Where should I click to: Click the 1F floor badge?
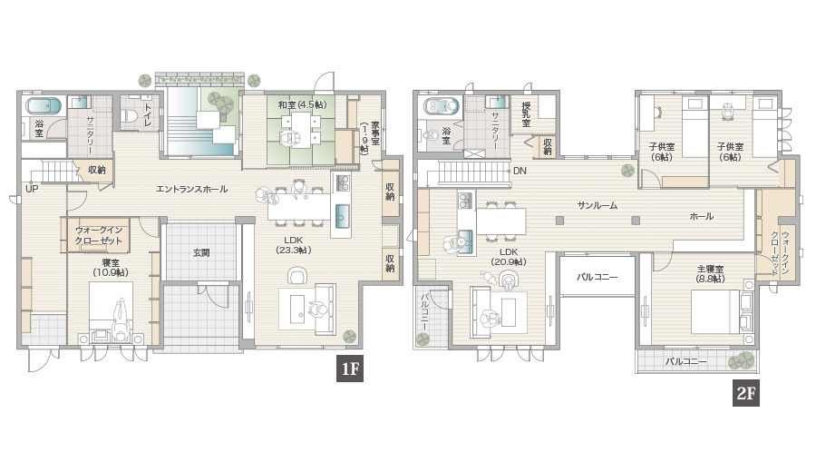tap(350, 369)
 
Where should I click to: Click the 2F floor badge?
tap(746, 393)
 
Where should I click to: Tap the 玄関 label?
tap(201, 252)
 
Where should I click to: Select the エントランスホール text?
tap(191, 189)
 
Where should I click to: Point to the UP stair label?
tap(32, 189)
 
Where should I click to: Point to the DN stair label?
tap(520, 171)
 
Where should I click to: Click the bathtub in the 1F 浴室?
tap(44, 106)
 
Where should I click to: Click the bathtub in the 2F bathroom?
tap(442, 106)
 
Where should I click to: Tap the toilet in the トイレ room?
tap(128, 114)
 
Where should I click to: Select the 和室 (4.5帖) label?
tap(302, 105)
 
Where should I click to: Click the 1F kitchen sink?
tap(342, 216)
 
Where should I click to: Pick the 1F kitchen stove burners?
tap(343, 182)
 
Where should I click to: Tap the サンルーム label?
tap(597, 206)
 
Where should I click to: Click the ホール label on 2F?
tap(702, 216)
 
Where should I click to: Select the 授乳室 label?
tap(526, 114)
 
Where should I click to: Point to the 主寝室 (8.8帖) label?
tap(710, 274)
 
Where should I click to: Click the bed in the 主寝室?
tap(715, 311)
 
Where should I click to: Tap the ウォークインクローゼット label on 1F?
tap(98, 235)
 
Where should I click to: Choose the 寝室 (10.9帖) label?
tap(111, 268)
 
